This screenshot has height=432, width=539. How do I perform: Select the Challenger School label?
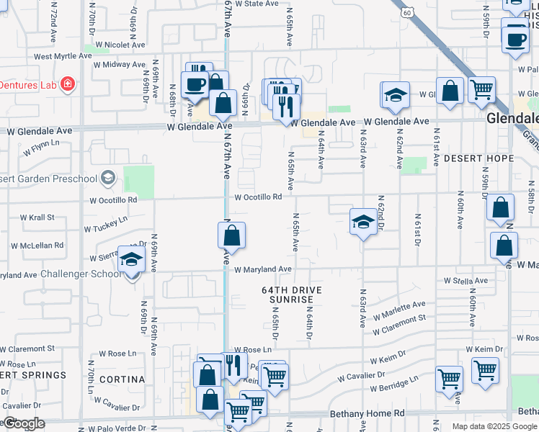(x=81, y=274)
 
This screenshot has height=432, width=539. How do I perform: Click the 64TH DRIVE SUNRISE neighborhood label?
(x=291, y=294)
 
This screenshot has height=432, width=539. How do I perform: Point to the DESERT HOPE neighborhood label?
(x=478, y=158)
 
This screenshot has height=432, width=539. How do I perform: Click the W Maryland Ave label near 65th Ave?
(x=262, y=269)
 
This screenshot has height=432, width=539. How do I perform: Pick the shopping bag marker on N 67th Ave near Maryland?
(x=231, y=235)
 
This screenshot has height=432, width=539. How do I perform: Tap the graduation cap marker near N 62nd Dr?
(x=363, y=222)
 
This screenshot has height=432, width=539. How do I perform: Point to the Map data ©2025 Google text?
(x=494, y=426)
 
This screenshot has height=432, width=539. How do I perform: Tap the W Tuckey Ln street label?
(x=105, y=225)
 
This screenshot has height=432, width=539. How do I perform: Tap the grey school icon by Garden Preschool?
(x=108, y=176)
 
